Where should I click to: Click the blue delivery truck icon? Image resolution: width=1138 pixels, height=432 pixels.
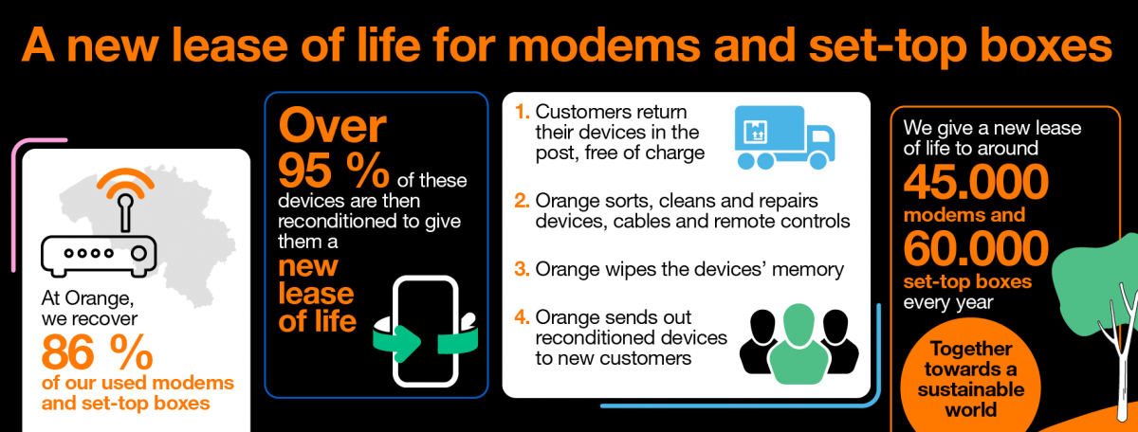[785, 137]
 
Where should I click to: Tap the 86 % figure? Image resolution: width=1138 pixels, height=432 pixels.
[97, 352]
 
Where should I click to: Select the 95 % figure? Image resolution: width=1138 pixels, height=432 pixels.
[334, 171]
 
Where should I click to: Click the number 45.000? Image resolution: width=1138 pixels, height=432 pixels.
[976, 182]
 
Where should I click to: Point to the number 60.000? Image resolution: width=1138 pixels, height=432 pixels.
[976, 248]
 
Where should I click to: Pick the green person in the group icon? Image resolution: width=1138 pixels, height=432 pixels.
[798, 344]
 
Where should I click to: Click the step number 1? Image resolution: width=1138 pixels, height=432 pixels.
[522, 112]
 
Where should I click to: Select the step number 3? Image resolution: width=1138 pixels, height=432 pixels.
[522, 269]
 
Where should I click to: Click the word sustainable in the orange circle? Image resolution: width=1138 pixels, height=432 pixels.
[971, 389]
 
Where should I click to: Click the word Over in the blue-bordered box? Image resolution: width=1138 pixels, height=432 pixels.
[333, 126]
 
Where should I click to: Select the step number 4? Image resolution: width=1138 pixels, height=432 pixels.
[522, 317]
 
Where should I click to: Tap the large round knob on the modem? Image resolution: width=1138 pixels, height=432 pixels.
[138, 253]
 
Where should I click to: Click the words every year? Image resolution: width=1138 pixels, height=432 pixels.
[948, 303]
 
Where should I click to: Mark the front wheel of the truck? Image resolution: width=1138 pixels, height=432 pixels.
[817, 160]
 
